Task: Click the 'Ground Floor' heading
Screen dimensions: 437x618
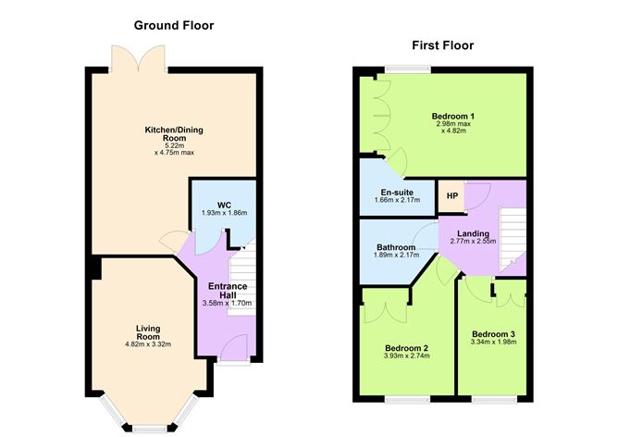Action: (x=173, y=25)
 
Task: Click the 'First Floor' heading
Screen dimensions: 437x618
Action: (x=443, y=45)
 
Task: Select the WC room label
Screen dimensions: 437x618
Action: (x=224, y=204)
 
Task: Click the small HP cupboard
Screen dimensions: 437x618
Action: (x=451, y=196)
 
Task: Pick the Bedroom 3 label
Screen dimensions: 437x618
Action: (x=494, y=333)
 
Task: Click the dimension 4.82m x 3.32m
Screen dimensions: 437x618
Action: (x=148, y=344)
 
